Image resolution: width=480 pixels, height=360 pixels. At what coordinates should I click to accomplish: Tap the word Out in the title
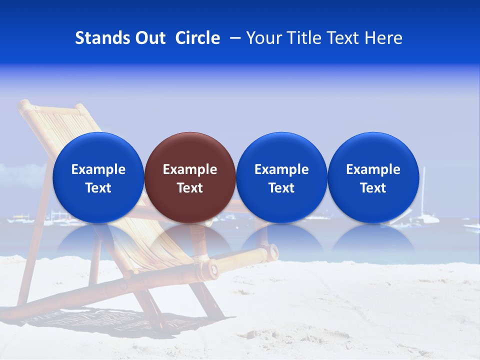(x=149, y=38)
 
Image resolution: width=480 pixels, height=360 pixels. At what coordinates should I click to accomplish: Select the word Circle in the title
(x=197, y=38)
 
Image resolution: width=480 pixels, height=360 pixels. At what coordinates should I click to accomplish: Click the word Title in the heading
(x=301, y=38)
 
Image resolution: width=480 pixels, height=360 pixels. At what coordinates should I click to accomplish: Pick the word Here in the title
(x=384, y=38)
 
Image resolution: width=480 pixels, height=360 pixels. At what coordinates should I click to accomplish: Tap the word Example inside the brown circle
(x=190, y=169)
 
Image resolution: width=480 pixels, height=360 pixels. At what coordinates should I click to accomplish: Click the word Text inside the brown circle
(x=190, y=188)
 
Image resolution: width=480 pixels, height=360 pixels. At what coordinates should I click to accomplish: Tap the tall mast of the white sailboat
(x=424, y=190)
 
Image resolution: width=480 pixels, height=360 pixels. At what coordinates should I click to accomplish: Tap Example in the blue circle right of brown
(x=281, y=169)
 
